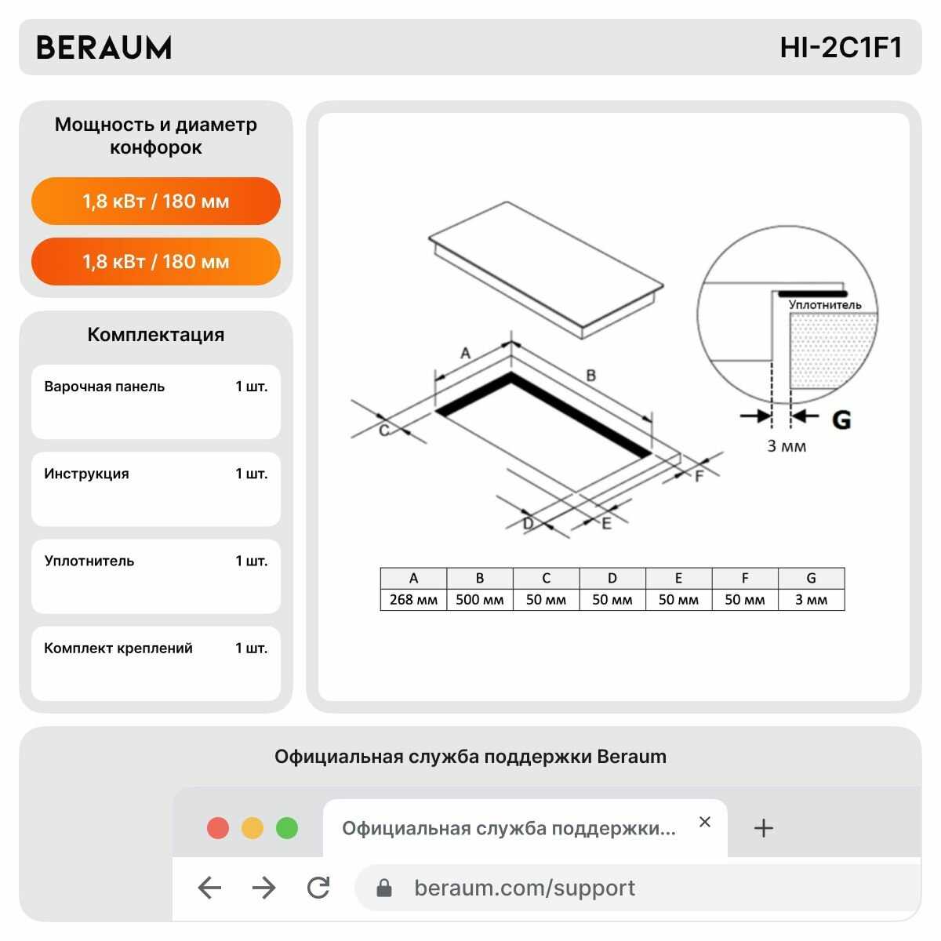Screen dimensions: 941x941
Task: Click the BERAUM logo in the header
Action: click(x=104, y=48)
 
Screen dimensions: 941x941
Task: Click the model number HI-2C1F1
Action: click(x=840, y=48)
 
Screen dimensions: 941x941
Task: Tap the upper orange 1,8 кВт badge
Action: click(x=156, y=201)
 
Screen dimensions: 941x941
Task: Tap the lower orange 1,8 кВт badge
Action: click(x=156, y=261)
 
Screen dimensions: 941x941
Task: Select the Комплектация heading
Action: click(x=156, y=335)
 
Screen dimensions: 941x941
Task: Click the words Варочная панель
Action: click(x=104, y=387)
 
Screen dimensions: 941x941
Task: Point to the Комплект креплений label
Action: click(x=118, y=648)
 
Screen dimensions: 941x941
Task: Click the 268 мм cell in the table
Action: click(x=413, y=599)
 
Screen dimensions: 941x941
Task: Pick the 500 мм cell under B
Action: click(x=480, y=599)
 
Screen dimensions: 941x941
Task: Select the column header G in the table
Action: click(x=811, y=578)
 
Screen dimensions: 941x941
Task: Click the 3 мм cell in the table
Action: click(x=811, y=599)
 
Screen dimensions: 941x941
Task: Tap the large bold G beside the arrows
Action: click(x=841, y=420)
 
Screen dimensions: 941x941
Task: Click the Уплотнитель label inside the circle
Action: click(x=825, y=305)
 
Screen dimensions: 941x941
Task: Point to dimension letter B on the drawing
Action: click(x=591, y=375)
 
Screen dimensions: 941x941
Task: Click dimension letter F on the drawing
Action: click(x=699, y=476)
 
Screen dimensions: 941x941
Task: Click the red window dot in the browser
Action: click(x=218, y=828)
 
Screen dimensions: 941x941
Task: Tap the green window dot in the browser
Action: click(x=287, y=828)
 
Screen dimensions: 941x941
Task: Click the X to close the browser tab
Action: click(x=704, y=822)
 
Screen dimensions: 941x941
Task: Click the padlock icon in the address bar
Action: click(x=383, y=888)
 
